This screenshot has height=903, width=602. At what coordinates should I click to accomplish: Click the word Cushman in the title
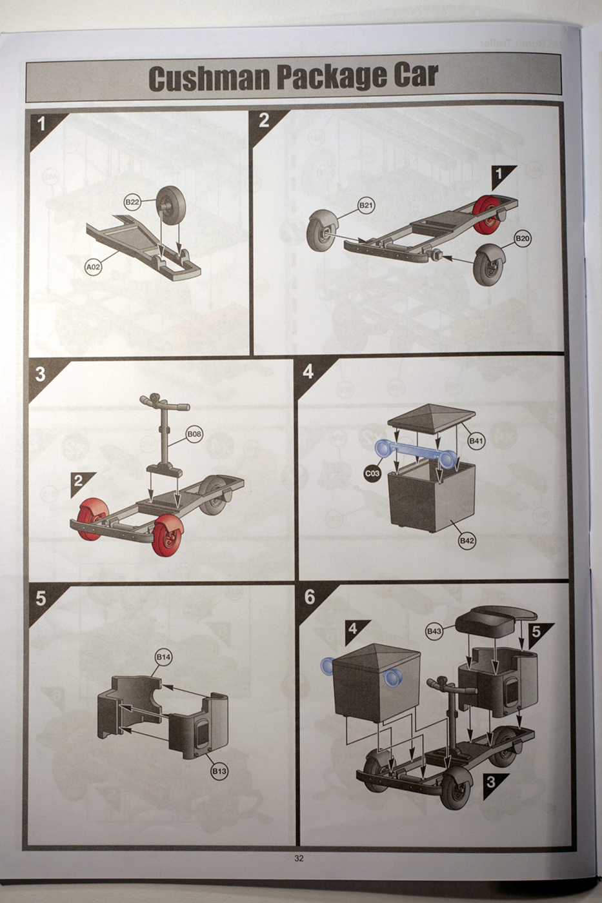(x=209, y=78)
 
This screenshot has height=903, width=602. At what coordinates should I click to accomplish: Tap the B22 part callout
(x=132, y=202)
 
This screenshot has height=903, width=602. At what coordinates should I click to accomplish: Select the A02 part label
(x=93, y=267)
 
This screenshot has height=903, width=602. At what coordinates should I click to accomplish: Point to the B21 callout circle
(x=366, y=206)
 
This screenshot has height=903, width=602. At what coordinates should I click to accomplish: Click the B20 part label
(x=523, y=239)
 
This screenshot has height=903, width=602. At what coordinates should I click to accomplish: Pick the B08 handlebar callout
(x=194, y=434)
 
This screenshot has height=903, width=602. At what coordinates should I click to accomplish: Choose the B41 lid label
(x=476, y=441)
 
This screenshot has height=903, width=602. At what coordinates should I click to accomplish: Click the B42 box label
(x=467, y=541)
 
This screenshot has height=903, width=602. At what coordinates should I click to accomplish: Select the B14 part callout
(x=163, y=657)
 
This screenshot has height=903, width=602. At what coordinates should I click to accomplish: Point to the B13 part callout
(x=219, y=771)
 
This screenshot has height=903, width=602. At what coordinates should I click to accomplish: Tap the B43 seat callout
(x=434, y=631)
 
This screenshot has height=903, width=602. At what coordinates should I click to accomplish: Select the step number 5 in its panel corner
(x=41, y=599)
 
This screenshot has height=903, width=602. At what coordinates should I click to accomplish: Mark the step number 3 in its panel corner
(x=40, y=375)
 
